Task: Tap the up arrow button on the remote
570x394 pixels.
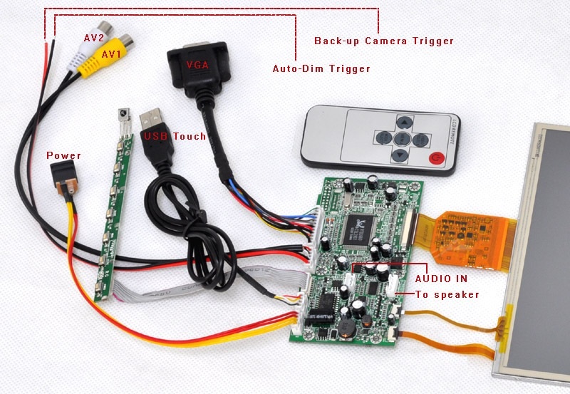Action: tap(405, 121)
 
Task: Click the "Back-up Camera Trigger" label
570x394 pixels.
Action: tap(383, 41)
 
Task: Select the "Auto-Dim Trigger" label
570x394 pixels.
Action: tap(321, 69)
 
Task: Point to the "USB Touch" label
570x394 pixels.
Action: tap(175, 136)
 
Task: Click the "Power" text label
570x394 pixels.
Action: tap(64, 155)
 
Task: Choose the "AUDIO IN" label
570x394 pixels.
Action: tap(442, 280)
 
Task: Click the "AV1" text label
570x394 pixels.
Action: tap(111, 54)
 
